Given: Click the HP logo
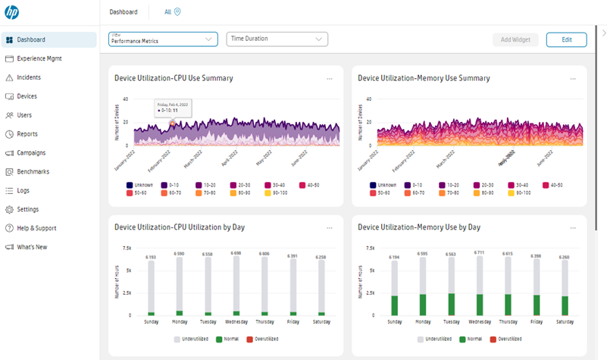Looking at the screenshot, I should [11, 12].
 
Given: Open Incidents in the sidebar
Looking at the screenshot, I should [29, 77].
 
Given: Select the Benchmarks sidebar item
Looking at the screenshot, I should [33, 171].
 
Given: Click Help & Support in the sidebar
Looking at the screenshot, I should [36, 228].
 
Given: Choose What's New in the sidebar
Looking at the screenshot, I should [32, 247].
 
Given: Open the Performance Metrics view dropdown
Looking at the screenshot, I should [163, 39].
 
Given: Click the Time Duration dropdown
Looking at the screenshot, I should [276, 39].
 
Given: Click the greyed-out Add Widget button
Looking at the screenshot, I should [515, 39].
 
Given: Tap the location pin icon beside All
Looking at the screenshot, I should [177, 12].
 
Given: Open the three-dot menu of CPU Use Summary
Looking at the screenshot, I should [329, 79].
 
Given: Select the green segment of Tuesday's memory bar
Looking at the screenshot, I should [452, 304].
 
